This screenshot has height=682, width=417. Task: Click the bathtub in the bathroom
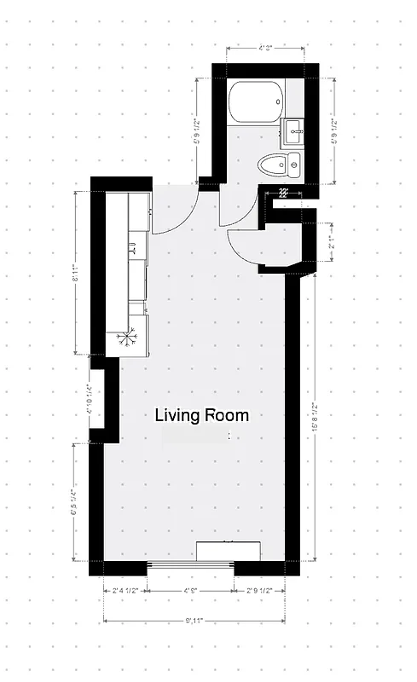(255, 103)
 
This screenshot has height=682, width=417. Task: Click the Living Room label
(202, 415)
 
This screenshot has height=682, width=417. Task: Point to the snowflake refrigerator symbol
(127, 338)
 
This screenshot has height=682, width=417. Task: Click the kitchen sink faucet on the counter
(133, 249)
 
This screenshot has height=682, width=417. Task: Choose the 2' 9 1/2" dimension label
(258, 589)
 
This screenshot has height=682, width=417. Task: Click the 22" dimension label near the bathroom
(283, 193)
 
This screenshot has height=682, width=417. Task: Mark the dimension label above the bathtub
(265, 49)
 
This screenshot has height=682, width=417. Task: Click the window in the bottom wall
(190, 564)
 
